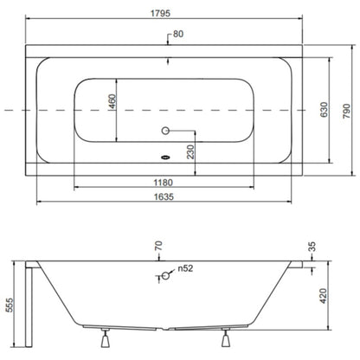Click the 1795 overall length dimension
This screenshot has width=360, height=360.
pyautogui.click(x=160, y=13)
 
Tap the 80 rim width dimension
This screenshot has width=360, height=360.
pyautogui.click(x=178, y=34)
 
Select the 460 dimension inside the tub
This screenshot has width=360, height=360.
pyautogui.click(x=112, y=101)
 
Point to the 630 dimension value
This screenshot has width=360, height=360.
pyautogui.click(x=324, y=110)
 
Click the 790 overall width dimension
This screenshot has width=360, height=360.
pyautogui.click(x=346, y=111)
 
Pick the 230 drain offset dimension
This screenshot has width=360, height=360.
pyautogui.click(x=190, y=152)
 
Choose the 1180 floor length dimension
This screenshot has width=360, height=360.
pyautogui.click(x=164, y=183)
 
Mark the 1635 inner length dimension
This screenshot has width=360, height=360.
pyautogui.click(x=164, y=196)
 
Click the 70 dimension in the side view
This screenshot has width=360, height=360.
pyautogui.click(x=158, y=246)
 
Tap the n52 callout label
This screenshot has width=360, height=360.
pyautogui.click(x=185, y=268)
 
